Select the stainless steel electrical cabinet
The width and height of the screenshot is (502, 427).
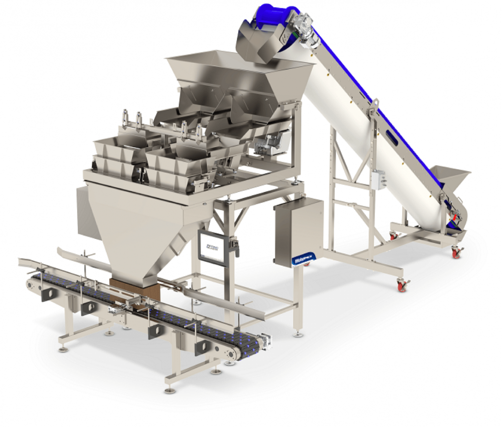coord(298,232)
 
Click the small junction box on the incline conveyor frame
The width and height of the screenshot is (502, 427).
coord(376,180)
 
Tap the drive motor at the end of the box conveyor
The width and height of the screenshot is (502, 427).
coord(265,341)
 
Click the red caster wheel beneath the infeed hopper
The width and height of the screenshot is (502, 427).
coord(457,252)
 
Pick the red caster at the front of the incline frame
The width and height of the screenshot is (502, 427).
coord(403,285)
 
